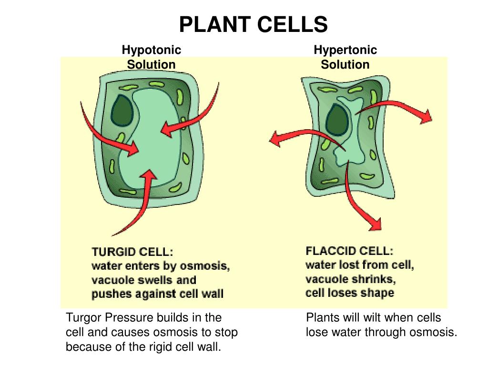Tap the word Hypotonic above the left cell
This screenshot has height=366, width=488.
click(152, 50)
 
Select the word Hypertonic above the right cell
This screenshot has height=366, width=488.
click(345, 50)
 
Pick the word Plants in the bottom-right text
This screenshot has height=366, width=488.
click(322, 318)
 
